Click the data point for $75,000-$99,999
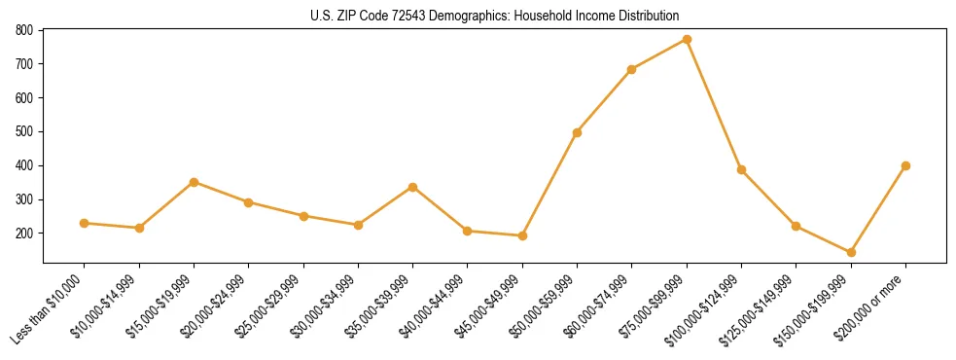pos(687,40)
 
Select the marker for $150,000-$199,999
pos(851,252)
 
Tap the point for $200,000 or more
pos(905,165)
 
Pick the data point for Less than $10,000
pos(85,223)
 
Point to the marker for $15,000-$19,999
pos(195,182)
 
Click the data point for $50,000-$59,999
pos(578,132)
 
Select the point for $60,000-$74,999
pos(632,69)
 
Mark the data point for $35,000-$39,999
pos(413,187)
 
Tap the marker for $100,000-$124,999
pos(741,169)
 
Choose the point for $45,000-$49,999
pos(522,235)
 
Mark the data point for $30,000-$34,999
pos(358,225)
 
